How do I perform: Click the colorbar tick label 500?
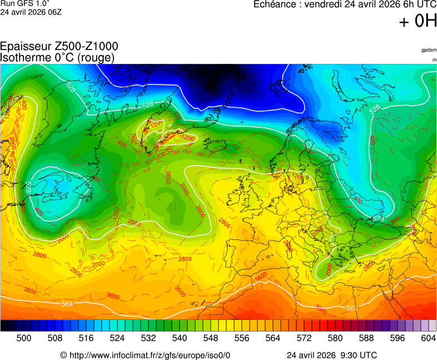coord(24,337)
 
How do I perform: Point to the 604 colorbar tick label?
coord(428,337)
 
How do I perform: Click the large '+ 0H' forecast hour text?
coord(418,21)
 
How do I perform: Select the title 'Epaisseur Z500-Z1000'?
coord(59,47)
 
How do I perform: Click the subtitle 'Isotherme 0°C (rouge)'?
coord(57,57)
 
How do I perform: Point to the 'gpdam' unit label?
coord(429,50)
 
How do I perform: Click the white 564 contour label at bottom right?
coord(351,308)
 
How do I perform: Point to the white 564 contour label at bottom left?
coord(67,304)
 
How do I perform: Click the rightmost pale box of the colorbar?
coord(432,326)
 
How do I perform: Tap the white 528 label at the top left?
coord(71,87)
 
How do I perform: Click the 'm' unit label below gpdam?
coord(434,59)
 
